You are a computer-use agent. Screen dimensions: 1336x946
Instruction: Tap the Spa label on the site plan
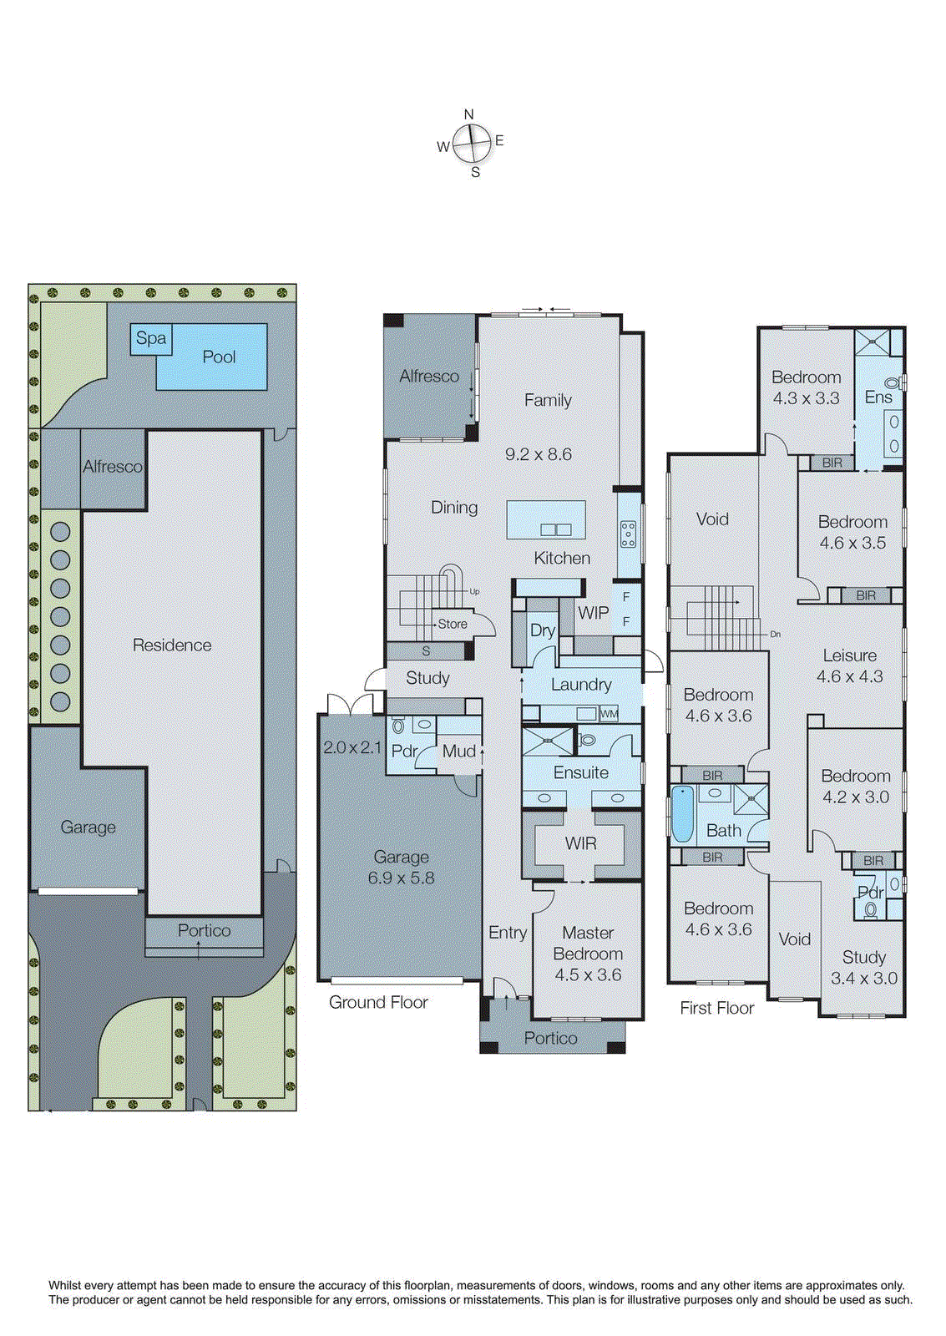[x=151, y=338]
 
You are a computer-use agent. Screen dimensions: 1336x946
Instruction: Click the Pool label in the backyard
[x=219, y=357]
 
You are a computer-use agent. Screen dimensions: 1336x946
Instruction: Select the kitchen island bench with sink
[x=546, y=520]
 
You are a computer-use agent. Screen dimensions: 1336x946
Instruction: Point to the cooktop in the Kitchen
[x=628, y=534]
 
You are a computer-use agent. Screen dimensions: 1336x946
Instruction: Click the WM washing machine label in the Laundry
[x=610, y=714]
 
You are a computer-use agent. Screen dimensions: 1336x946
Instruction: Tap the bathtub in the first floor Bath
[x=683, y=814]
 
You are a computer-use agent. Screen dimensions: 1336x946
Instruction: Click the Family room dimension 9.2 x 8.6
[x=539, y=455]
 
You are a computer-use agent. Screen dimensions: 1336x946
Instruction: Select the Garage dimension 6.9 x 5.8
[x=401, y=878]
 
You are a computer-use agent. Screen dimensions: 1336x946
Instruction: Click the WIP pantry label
[x=593, y=613]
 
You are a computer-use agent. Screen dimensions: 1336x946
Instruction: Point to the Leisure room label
[x=849, y=656]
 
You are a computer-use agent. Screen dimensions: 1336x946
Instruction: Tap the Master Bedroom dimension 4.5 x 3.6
[x=588, y=975]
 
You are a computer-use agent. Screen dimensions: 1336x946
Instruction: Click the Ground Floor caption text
[x=378, y=1003]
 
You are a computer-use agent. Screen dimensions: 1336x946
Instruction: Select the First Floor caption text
[x=716, y=1009]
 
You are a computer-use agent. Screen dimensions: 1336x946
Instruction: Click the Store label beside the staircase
[x=453, y=625]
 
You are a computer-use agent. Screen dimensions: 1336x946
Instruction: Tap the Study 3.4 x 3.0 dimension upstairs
[x=863, y=979]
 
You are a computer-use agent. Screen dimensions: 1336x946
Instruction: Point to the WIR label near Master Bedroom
[x=580, y=843]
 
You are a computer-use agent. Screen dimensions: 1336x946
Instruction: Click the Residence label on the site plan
[x=172, y=645]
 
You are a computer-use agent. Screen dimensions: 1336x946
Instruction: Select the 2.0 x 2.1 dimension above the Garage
[x=352, y=748]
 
